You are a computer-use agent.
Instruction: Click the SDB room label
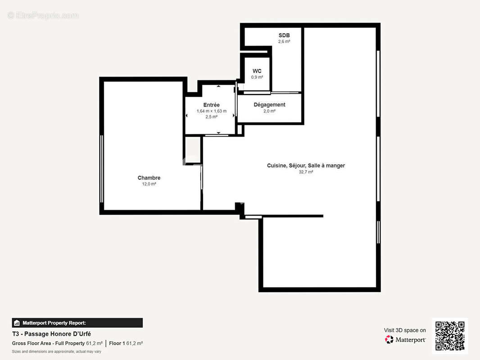point(284,35)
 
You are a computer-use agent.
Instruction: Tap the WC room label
point(257,71)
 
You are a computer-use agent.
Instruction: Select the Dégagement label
point(269,105)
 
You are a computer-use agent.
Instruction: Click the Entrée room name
point(211,105)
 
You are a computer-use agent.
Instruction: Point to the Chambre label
point(149,178)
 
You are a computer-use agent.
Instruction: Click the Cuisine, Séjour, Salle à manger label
point(306,166)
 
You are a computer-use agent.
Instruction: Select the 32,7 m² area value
point(306,172)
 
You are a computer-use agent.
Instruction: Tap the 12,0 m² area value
point(149,184)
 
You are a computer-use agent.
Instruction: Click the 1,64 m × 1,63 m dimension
point(211,111)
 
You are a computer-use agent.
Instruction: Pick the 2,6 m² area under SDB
point(284,41)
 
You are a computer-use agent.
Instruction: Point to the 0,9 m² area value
point(257,77)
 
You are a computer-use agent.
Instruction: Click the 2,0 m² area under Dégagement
point(269,111)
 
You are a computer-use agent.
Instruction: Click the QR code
point(450,336)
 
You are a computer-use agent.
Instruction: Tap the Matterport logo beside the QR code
point(405,340)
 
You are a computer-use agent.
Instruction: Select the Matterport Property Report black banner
point(77,323)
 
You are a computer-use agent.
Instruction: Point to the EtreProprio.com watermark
point(43,15)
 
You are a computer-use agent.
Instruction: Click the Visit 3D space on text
point(404,330)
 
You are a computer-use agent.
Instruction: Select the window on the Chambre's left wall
point(102,169)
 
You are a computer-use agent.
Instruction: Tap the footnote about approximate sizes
point(56,351)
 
